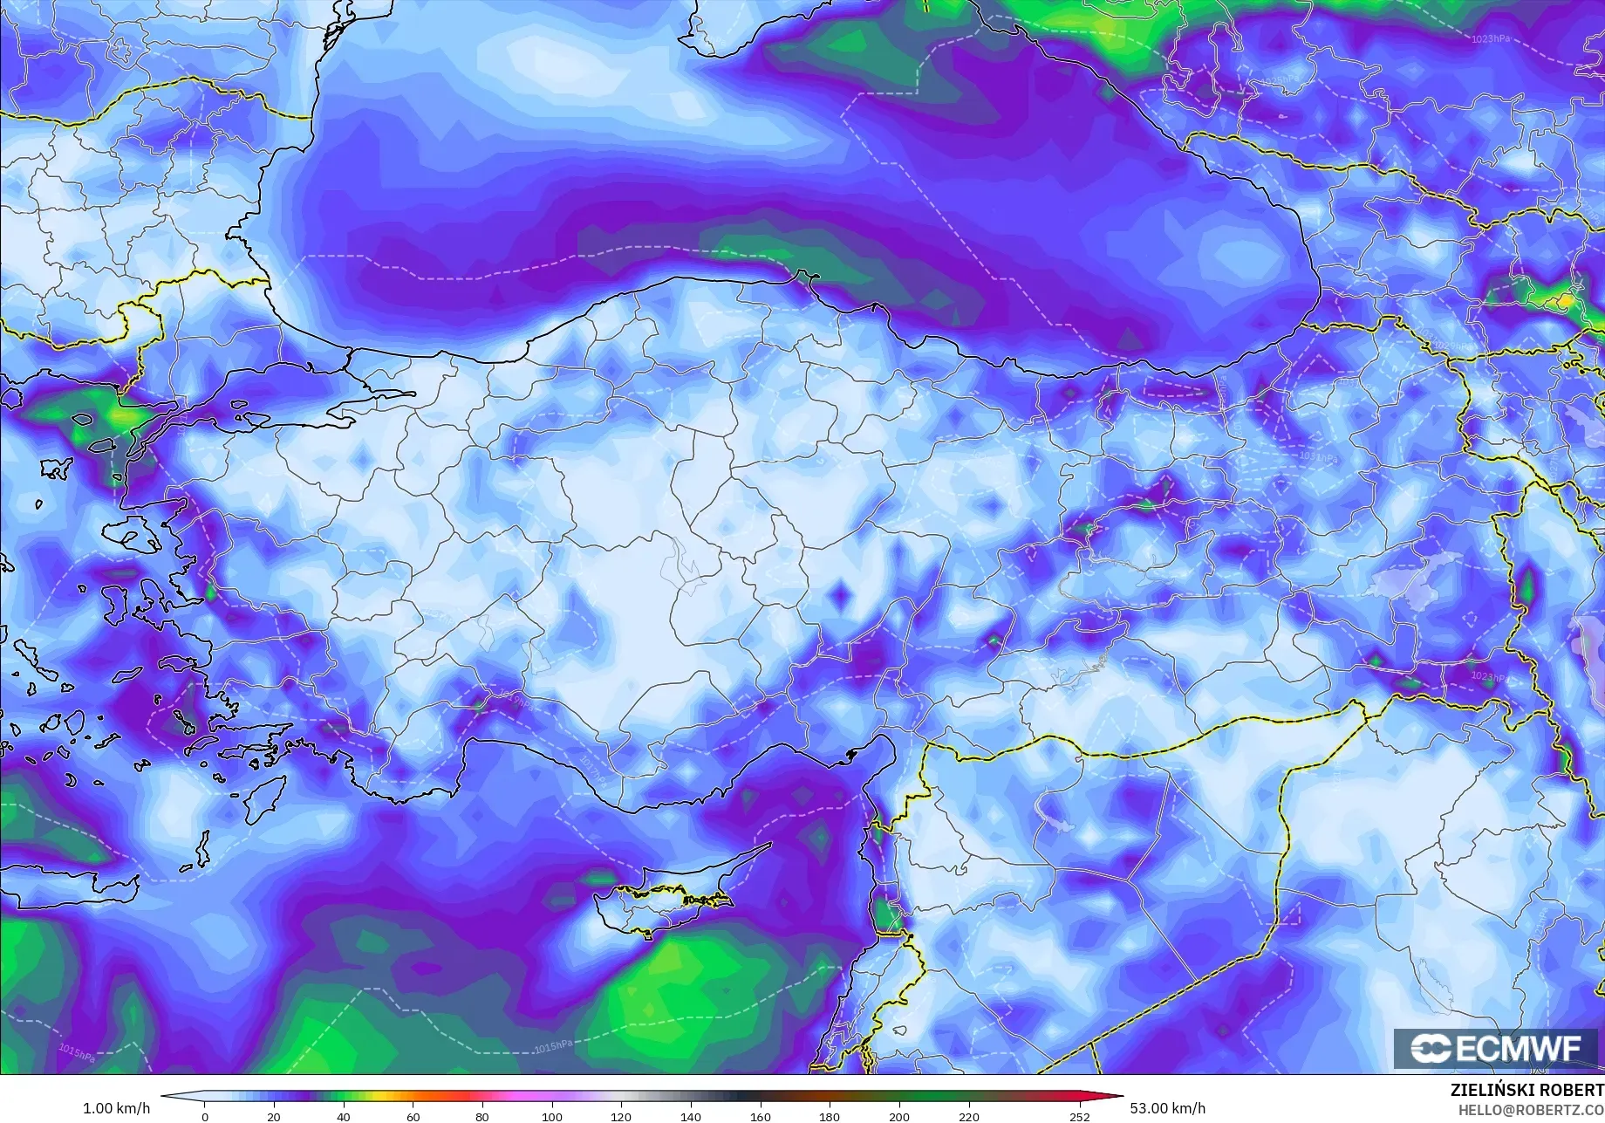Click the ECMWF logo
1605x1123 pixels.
point(1497,1048)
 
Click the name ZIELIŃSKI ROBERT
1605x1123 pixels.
point(1526,1091)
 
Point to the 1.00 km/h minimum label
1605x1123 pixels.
point(116,1108)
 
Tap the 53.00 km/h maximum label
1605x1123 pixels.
point(1168,1108)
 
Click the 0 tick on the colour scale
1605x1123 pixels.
point(205,1116)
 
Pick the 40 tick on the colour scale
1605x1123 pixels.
point(344,1116)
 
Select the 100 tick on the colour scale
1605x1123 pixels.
point(552,1116)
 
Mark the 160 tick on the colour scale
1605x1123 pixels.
point(761,1116)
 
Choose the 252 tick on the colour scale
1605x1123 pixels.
point(1080,1116)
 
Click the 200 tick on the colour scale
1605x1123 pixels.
point(899,1116)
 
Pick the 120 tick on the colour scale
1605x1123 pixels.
point(621,1116)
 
